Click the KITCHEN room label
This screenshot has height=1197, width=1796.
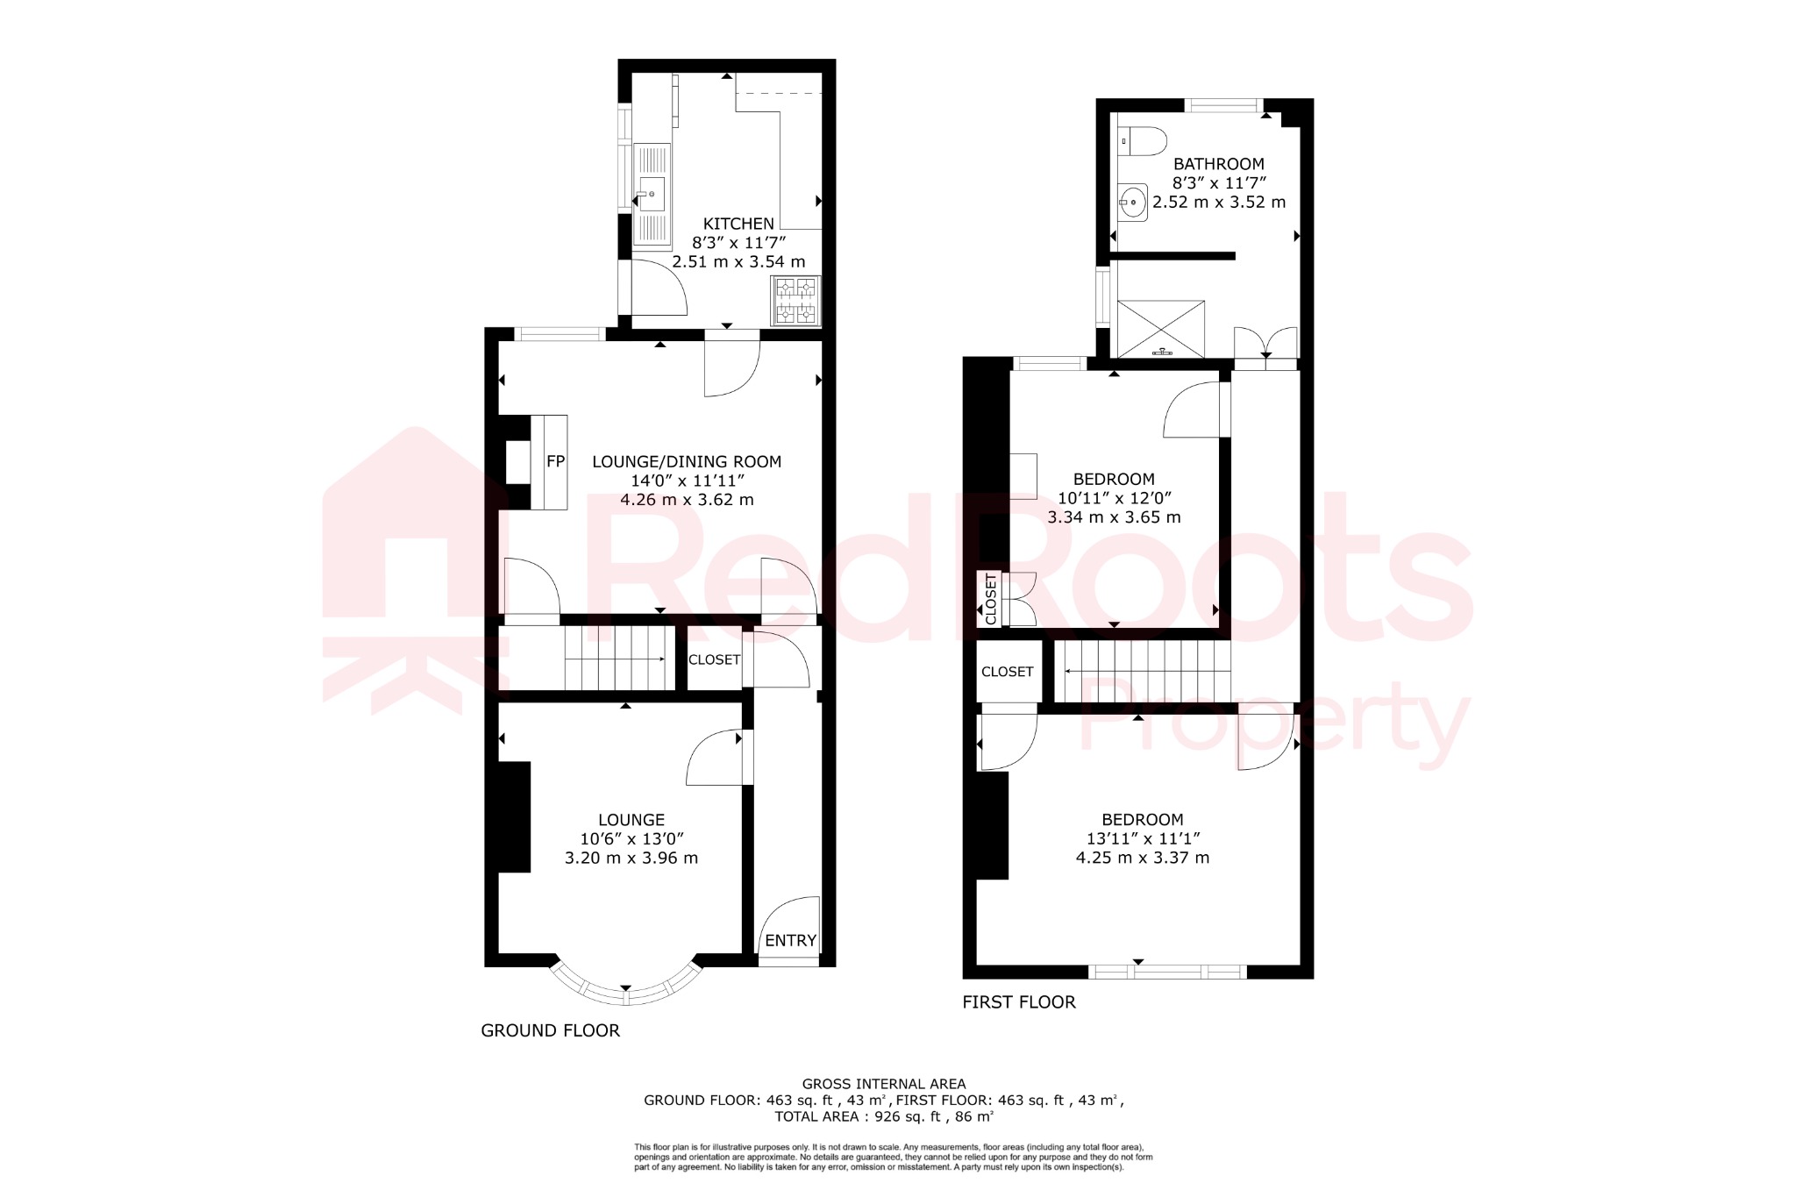pos(738,224)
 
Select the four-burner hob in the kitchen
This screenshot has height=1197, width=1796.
pos(795,299)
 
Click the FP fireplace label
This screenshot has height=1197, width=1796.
pos(555,461)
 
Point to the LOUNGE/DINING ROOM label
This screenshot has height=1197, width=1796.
pos(687,461)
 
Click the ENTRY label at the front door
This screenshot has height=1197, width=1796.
pos(790,940)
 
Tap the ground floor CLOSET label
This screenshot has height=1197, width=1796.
pos(714,659)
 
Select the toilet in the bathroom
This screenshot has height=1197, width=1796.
pos(1144,141)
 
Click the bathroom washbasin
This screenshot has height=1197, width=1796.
pos(1132,203)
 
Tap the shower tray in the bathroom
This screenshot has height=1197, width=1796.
pos(1161,329)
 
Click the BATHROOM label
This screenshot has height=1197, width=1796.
pos(1218,164)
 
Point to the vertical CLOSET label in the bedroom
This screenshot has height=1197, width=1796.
pos(991,599)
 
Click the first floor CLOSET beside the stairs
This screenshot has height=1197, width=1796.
pos(1007,672)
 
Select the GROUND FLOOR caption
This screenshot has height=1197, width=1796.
pos(550,1030)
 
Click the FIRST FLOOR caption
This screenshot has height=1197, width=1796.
pos(1018,1001)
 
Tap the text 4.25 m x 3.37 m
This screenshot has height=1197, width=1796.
pos(1142,858)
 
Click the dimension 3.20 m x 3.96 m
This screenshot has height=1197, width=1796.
pos(631,858)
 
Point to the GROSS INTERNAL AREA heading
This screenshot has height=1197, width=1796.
pos(883,1084)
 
